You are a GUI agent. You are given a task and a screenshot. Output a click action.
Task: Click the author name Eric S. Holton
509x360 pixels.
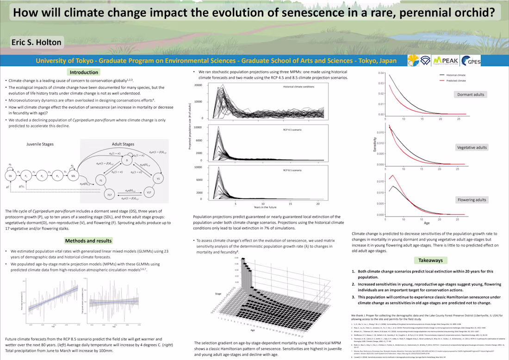pyautogui.click(x=37, y=42)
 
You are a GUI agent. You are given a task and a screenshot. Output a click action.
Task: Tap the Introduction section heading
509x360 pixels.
pyautogui.click(x=84, y=72)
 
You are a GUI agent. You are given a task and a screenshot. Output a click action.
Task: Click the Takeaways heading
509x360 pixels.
pyautogui.click(x=430, y=261)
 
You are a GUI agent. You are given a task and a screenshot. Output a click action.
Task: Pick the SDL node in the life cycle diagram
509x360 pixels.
pyautogui.click(x=74, y=176)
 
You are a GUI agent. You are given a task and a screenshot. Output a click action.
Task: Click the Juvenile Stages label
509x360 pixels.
pyautogui.click(x=40, y=144)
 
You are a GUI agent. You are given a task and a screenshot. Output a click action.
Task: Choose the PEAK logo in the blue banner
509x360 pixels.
pyautogui.click(x=446, y=61)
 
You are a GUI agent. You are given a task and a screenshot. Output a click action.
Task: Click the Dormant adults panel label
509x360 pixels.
pyautogui.click(x=471, y=94)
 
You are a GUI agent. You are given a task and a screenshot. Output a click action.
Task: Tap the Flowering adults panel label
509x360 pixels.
pyautogui.click(x=472, y=200)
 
